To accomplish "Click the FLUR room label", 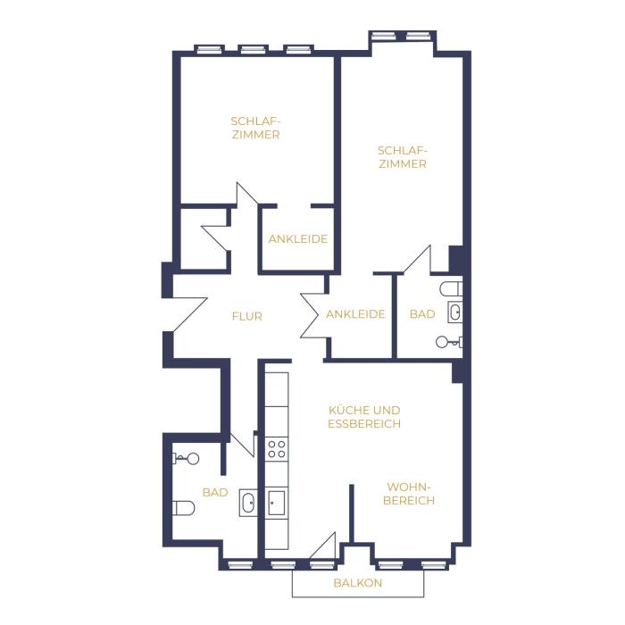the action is tap(247, 316).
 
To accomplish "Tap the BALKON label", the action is tap(357, 583).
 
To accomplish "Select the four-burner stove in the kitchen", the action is tap(277, 449).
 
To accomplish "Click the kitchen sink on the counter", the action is tap(277, 503).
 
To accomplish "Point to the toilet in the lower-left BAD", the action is tap(183, 508).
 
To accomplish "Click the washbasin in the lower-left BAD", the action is tap(248, 503).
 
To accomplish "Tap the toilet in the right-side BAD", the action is tap(451, 288).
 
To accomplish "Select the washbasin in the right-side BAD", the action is tap(455, 312).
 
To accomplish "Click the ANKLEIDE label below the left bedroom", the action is tap(297, 239).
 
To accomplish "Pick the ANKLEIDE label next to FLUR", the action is tap(355, 314).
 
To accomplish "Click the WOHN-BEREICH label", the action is tap(409, 494).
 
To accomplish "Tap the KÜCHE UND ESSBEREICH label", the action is tap(364, 417).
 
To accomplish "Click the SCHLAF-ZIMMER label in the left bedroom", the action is tap(256, 128).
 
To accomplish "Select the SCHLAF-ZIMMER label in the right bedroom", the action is tap(403, 157).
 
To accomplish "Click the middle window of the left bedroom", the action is tap(253, 49).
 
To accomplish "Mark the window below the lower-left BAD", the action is tap(240, 564).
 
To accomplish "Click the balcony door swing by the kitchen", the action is tap(322, 546).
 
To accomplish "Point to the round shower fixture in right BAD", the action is tap(442, 342).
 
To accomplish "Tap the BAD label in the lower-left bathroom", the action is tap(215, 493).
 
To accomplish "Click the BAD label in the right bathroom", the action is tap(422, 314).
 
